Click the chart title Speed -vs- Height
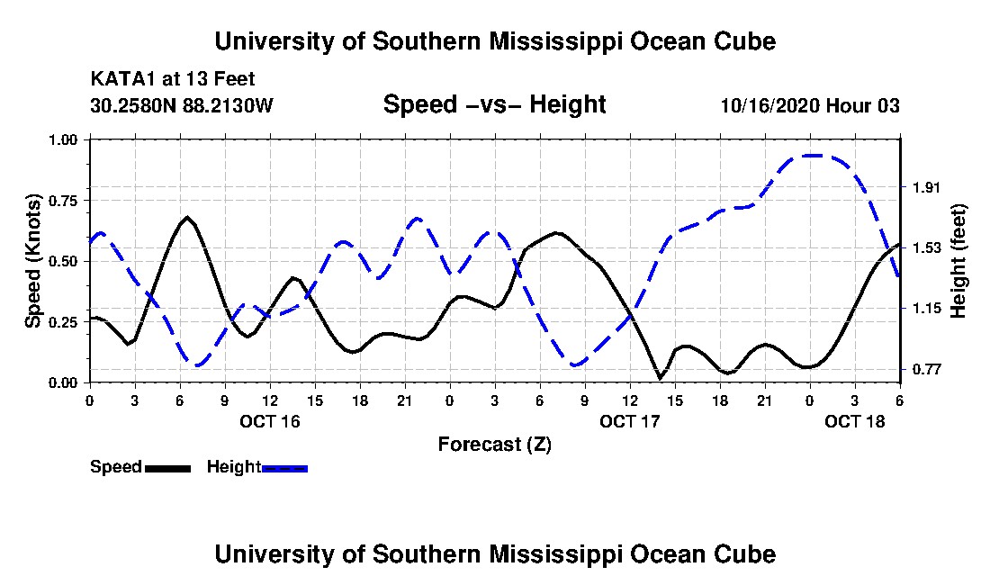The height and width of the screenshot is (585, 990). (x=494, y=104)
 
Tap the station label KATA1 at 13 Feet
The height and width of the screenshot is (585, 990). (x=173, y=79)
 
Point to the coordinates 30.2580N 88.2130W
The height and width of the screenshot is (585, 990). (x=182, y=104)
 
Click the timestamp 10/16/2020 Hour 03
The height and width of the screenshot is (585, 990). (x=810, y=104)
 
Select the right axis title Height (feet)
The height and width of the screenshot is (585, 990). (x=958, y=261)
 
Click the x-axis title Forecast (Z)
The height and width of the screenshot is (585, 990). (x=494, y=445)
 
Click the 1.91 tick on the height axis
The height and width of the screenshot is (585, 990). (x=927, y=187)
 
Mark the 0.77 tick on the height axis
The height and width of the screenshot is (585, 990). (x=927, y=369)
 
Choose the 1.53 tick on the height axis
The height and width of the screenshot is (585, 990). (x=927, y=248)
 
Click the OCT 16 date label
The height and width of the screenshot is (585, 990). (x=270, y=421)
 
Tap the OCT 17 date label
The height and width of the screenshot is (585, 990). (x=629, y=421)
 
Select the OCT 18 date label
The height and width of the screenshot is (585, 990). (x=855, y=421)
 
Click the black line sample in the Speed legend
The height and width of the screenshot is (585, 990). (x=167, y=468)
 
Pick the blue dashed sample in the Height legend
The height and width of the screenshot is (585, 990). (x=284, y=468)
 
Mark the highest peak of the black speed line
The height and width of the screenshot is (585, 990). (x=187, y=217)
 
